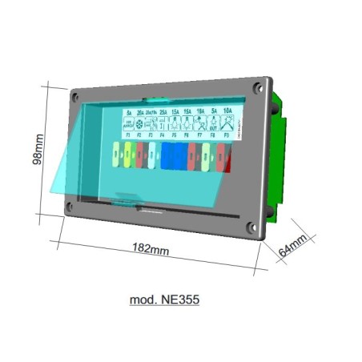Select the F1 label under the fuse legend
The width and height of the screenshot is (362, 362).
point(128,139)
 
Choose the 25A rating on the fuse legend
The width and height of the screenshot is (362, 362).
point(163,113)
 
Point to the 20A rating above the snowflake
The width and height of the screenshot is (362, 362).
point(141,113)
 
